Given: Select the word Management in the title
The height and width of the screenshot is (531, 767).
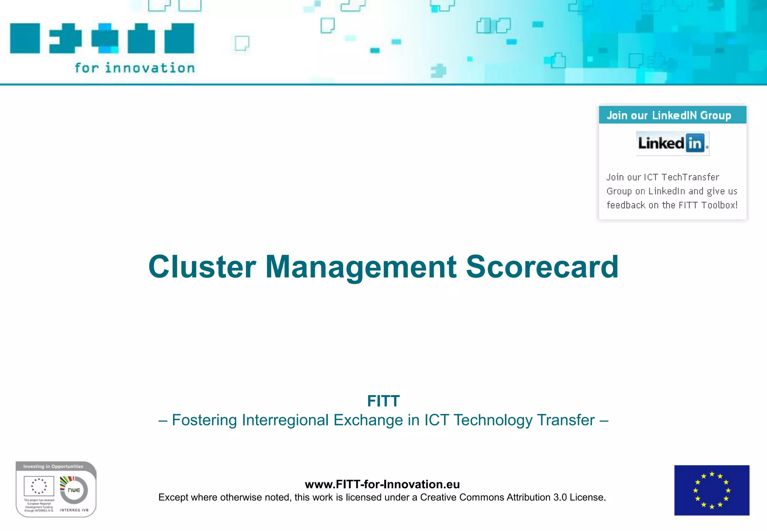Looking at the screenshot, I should tap(361, 267).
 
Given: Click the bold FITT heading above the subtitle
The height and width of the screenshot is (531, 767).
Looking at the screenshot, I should tap(383, 401).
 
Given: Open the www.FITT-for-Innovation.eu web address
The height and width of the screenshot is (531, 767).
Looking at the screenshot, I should tap(382, 484).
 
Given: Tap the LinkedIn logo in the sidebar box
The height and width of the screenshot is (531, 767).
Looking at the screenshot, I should tap(672, 143).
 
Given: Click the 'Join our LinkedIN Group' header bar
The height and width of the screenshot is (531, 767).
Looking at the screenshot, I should tap(672, 115).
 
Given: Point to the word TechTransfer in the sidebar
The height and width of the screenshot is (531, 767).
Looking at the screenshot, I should tap(690, 177).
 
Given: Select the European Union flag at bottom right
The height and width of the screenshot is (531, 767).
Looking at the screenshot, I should tap(712, 490).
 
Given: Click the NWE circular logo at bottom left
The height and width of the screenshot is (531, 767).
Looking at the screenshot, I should tap(74, 490).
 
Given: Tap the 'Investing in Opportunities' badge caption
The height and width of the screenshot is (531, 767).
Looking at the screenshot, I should tap(53, 467).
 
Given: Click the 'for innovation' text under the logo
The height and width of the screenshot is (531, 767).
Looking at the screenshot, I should tap(134, 68).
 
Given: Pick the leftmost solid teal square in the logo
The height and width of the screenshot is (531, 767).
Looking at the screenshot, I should tap(25, 38).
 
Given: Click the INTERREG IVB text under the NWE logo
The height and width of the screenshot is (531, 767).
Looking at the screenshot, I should tap(74, 510).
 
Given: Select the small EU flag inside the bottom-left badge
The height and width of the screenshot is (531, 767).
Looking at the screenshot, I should tap(39, 486).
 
